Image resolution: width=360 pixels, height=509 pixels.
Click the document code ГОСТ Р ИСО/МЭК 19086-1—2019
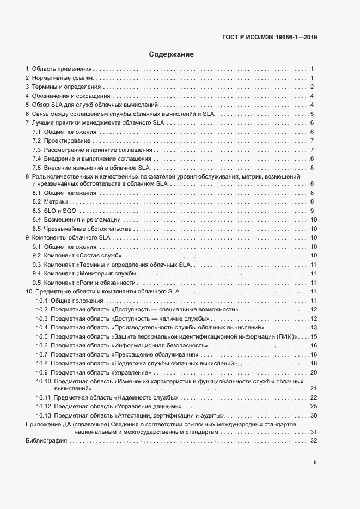point(270,38)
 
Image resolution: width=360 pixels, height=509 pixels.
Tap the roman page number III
point(314,463)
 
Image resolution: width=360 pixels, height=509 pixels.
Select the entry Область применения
point(61,69)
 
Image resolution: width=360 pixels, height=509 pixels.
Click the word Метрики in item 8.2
point(56,202)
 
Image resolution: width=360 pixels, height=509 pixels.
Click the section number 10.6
point(42,346)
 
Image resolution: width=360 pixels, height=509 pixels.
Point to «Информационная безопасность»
point(158,346)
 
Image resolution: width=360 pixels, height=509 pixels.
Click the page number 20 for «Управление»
point(313,372)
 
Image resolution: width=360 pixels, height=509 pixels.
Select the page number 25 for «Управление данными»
point(313,407)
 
